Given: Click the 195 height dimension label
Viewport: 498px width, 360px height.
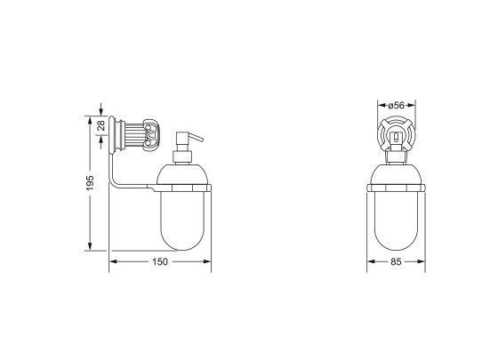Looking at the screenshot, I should coord(90,183).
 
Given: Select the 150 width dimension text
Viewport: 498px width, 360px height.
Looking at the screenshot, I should coord(160,262).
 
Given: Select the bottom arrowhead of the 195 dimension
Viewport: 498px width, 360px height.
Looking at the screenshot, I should coord(90,248).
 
